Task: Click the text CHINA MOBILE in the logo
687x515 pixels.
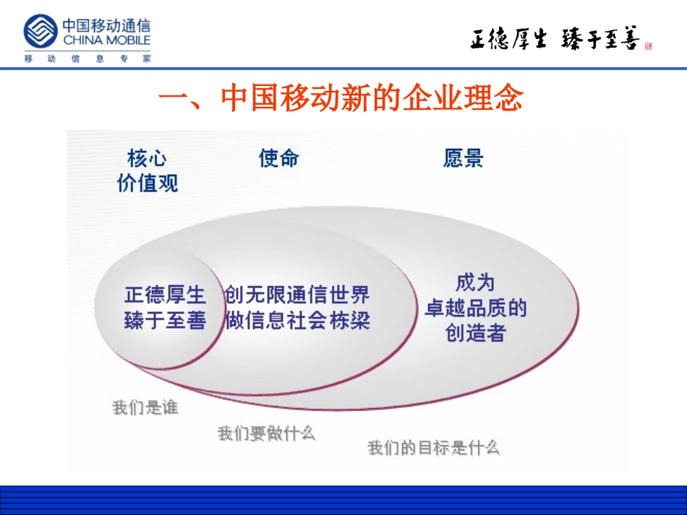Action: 106,40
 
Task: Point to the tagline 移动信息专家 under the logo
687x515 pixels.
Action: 87,59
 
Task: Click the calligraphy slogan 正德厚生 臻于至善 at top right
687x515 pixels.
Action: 554,40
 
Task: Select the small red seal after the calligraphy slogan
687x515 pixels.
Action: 648,46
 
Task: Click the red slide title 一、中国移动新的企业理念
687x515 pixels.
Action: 340,99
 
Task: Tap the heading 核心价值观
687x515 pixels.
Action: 148,171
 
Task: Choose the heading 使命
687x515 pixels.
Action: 278,158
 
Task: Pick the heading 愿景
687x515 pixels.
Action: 463,158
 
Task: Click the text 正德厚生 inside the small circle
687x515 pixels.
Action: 165,295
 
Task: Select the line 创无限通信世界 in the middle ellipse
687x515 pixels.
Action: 297,295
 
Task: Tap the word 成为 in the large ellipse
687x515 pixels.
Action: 475,282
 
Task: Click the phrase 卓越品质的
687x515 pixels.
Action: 475,308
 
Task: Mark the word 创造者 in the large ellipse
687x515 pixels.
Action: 475,334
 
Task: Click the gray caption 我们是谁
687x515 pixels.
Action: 145,408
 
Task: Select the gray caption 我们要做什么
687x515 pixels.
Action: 266,433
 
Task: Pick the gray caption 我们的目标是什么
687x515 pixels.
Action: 433,448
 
